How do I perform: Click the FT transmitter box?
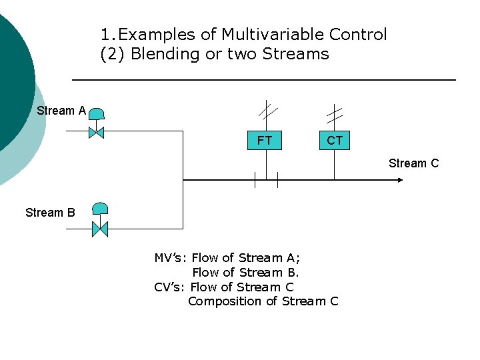pos(265,141)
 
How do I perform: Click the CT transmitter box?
pos(334,141)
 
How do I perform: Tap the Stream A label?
pos(61,111)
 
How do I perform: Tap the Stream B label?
pos(50,213)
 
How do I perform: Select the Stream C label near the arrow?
pos(413,163)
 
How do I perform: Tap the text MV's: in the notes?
pos(171,258)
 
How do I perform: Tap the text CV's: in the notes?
pos(170,287)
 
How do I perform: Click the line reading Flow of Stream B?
pos(245,273)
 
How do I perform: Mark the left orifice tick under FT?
pos(254,179)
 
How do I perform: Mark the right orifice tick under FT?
pos(277,179)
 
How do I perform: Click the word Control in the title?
pos(357,34)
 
